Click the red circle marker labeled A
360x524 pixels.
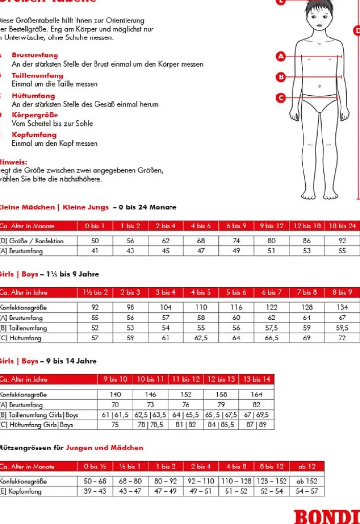coord(281,56)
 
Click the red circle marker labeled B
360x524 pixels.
coord(281,76)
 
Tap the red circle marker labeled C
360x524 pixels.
coord(281,98)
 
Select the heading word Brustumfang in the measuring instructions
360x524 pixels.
coord(35,56)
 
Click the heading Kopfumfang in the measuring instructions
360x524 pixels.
coord(34,135)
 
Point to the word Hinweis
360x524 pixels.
coord(13,162)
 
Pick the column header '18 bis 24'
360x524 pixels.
coord(342,226)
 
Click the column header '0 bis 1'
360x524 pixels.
coord(95,226)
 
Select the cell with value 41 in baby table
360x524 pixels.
coord(95,251)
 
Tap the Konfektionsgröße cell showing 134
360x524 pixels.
coord(342,307)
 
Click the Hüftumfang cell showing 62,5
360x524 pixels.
coord(201,338)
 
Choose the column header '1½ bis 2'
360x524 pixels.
coord(95,292)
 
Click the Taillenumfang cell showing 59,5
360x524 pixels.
coord(342,328)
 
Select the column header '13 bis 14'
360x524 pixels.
coord(256,379)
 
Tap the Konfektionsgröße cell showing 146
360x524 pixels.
coord(150,394)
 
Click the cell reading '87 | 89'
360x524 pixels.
coord(256,425)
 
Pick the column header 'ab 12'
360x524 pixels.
coord(306,466)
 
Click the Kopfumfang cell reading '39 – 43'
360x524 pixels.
coord(95,491)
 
